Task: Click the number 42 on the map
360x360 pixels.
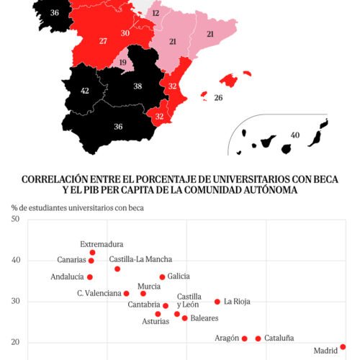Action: click(x=84, y=91)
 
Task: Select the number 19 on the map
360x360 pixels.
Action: click(x=123, y=63)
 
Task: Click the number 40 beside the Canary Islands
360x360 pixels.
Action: click(x=294, y=135)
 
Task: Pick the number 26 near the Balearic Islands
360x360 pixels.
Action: click(x=218, y=97)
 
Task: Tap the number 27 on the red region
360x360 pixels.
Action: click(x=103, y=40)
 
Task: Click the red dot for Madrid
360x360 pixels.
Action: click(x=343, y=346)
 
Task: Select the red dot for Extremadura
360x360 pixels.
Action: click(x=92, y=253)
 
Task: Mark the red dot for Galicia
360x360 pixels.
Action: click(x=162, y=276)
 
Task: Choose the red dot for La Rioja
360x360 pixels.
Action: click(x=217, y=302)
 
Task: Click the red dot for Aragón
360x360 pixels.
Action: click(x=245, y=338)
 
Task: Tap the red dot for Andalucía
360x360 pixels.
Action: click(x=90, y=276)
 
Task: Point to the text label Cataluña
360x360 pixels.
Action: click(x=279, y=338)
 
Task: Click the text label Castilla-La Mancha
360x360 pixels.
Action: click(x=140, y=259)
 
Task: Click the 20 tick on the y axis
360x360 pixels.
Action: click(x=15, y=343)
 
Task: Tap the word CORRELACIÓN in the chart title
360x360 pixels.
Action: click(x=56, y=179)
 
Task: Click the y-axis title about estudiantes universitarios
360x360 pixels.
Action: click(x=77, y=208)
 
